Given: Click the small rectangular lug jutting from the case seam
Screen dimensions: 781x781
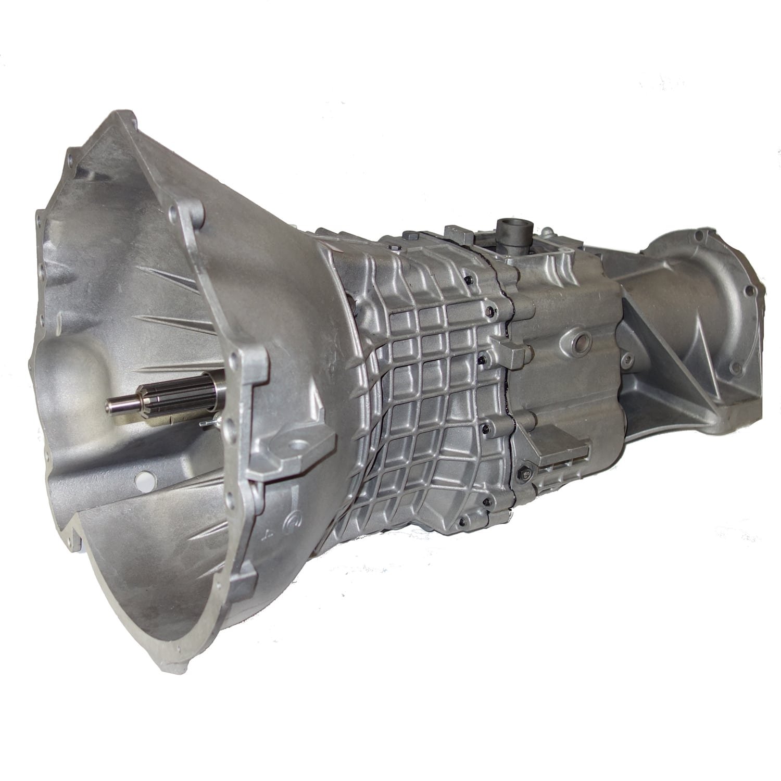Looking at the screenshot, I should [513, 355].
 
